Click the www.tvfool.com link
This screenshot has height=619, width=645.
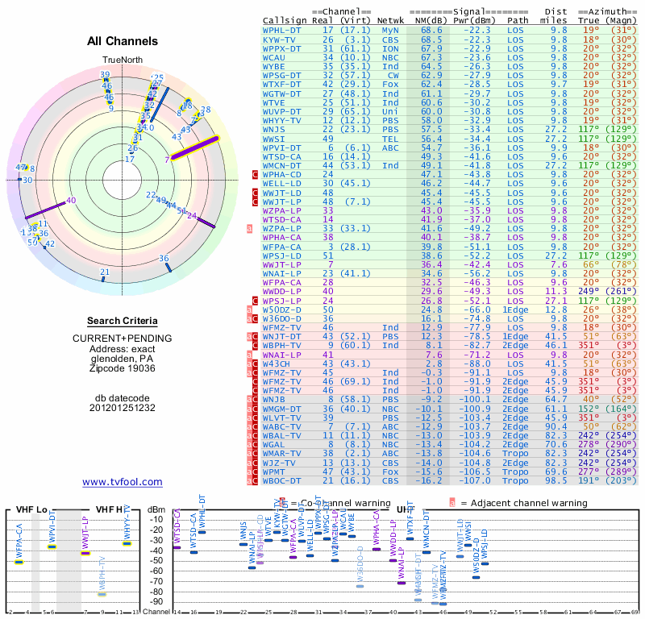(x=123, y=482)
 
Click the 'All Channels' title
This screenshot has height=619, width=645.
(x=123, y=41)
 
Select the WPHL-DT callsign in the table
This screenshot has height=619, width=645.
(x=283, y=29)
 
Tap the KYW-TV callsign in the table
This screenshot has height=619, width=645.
(x=280, y=39)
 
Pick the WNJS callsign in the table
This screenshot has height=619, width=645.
(x=274, y=129)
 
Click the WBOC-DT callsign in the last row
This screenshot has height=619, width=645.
(x=283, y=480)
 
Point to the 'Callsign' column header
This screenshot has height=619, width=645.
(x=285, y=19)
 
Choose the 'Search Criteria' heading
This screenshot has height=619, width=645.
(x=123, y=321)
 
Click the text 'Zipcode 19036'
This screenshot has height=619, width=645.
(x=123, y=368)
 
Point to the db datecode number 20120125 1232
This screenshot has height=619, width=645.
(x=123, y=408)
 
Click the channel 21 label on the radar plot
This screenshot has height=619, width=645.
(x=104, y=272)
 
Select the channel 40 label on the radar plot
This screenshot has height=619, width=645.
(x=71, y=200)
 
